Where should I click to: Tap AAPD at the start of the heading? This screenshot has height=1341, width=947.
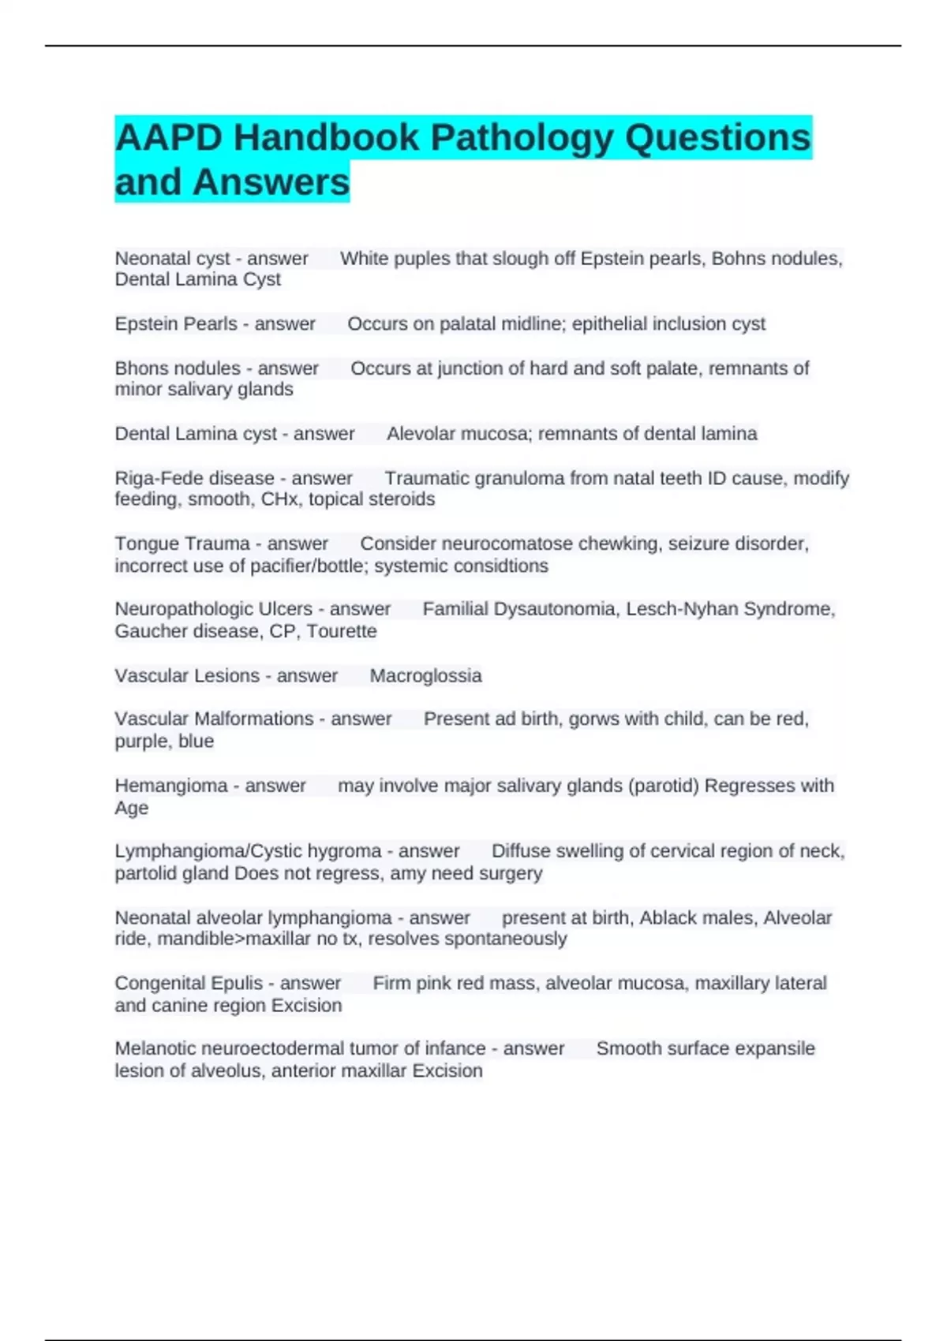168,138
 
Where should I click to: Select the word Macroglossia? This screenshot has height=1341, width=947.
425,676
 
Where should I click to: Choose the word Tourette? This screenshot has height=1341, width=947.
341,631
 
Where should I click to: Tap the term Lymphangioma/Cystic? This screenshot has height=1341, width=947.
208,851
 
